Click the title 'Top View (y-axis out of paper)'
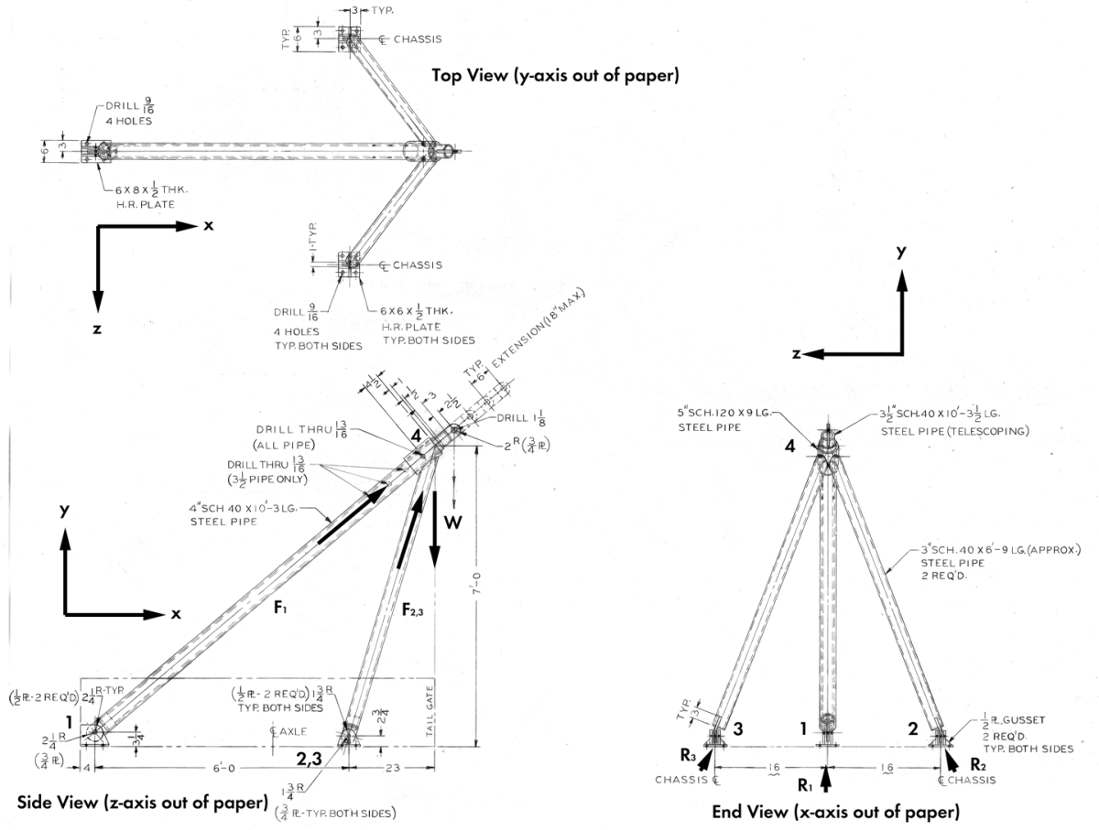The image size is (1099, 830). (555, 76)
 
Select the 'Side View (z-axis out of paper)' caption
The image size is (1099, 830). (142, 803)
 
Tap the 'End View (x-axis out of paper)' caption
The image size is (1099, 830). (835, 811)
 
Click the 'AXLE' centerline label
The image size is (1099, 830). (283, 730)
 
